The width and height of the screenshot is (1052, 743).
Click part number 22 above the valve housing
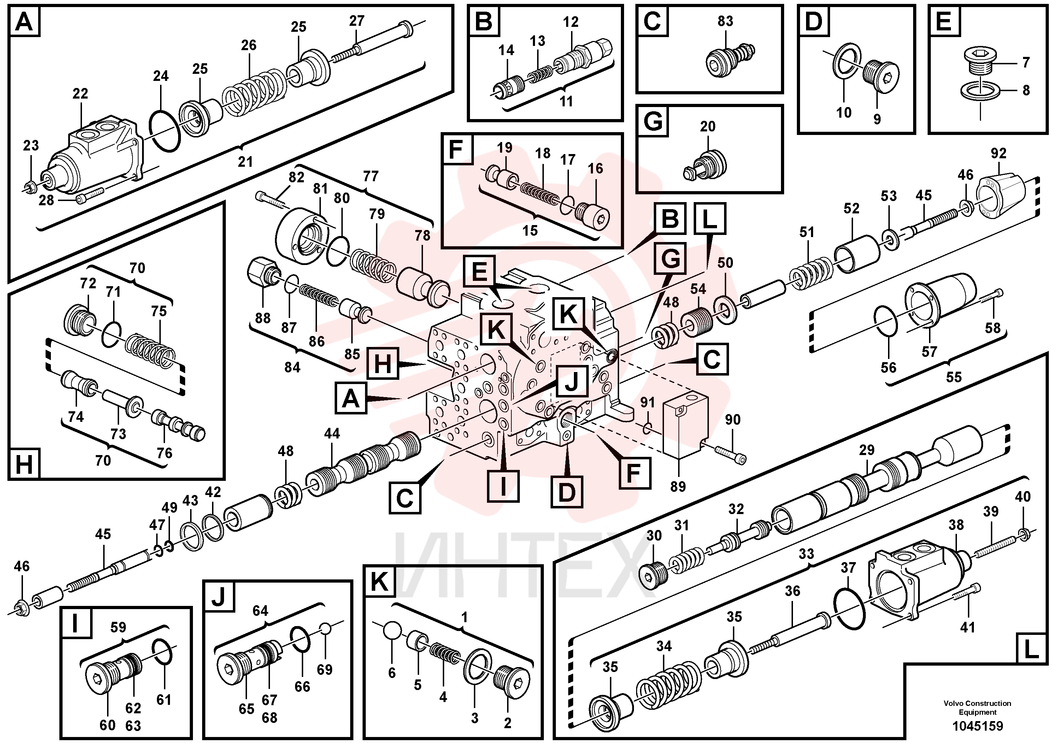[80, 93]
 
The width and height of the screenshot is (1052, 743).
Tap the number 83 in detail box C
[725, 21]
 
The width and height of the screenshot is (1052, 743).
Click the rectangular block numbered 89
[685, 427]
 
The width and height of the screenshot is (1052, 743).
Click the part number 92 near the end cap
[998, 153]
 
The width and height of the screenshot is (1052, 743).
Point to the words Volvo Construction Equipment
[977, 707]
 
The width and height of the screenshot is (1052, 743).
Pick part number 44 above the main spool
[332, 434]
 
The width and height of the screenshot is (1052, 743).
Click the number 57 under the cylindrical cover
[929, 352]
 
